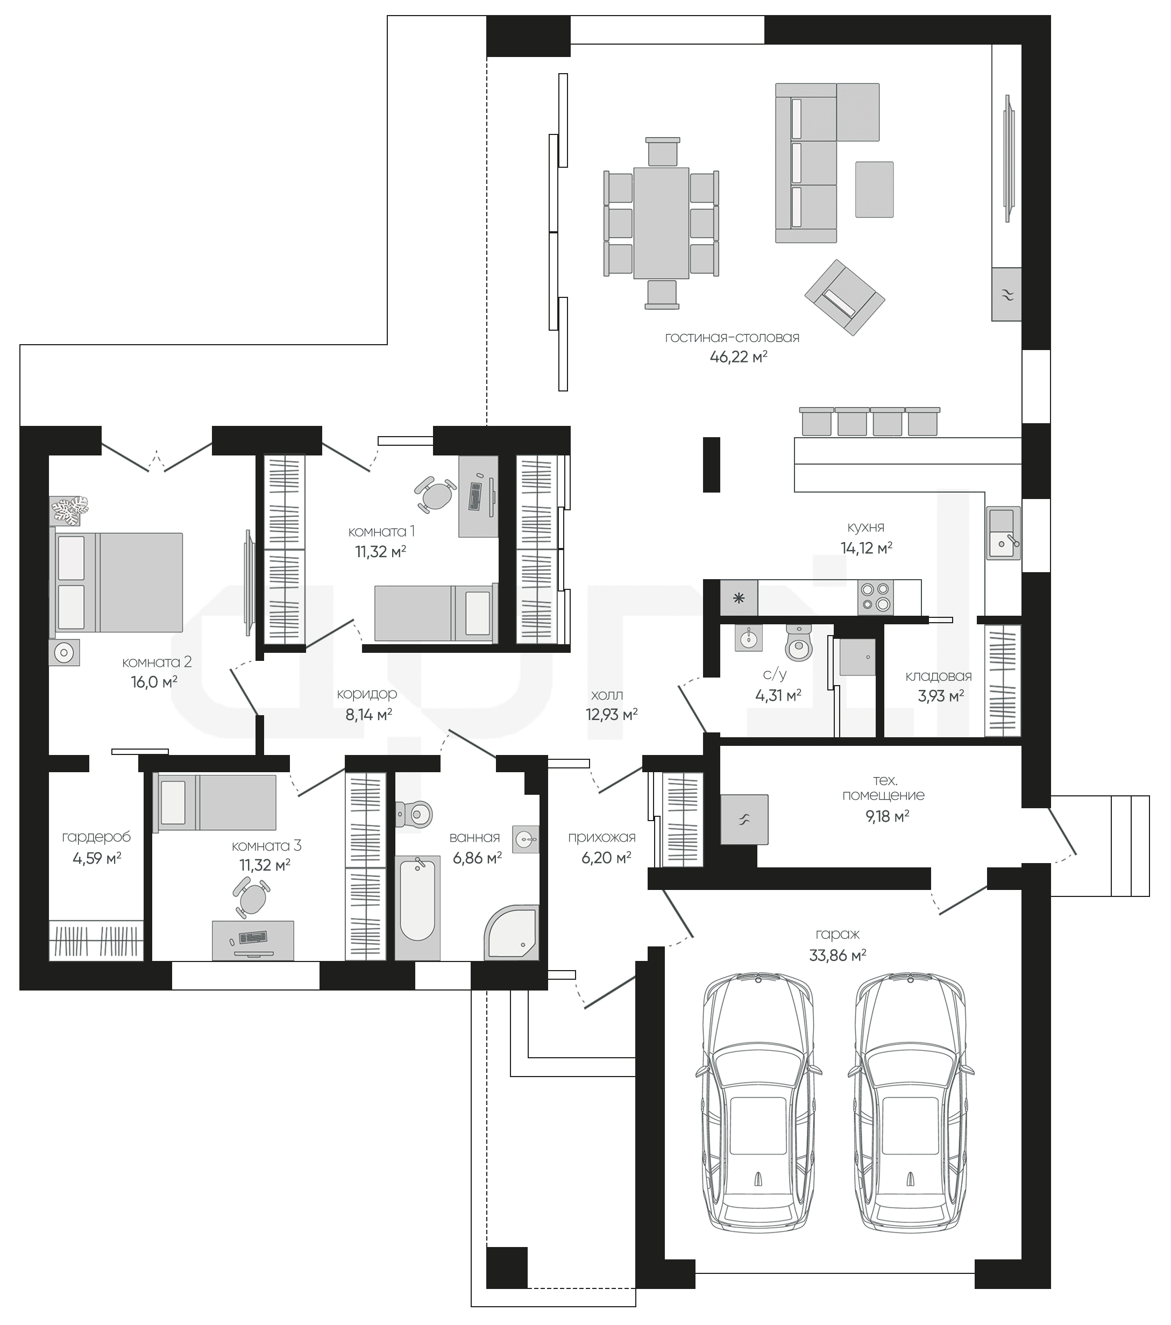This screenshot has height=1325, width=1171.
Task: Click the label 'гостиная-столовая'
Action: coord(732,337)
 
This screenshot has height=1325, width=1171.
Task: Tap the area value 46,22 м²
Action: coord(739,357)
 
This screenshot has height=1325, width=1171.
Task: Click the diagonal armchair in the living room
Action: coord(845,297)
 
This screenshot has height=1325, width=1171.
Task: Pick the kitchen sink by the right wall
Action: coord(1003,533)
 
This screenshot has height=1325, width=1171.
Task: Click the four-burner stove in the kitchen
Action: coord(875,597)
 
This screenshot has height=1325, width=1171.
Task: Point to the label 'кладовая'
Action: coord(938,676)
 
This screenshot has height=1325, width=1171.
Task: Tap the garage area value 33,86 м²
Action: coord(838,955)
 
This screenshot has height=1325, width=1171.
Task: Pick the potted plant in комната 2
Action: coord(70,511)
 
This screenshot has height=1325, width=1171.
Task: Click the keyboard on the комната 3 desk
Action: coord(253,937)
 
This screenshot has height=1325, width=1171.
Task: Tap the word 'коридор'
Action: coord(367,694)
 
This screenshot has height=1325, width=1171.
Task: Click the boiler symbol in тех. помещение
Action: coord(744,820)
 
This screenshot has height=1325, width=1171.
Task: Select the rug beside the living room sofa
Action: coord(874,189)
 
